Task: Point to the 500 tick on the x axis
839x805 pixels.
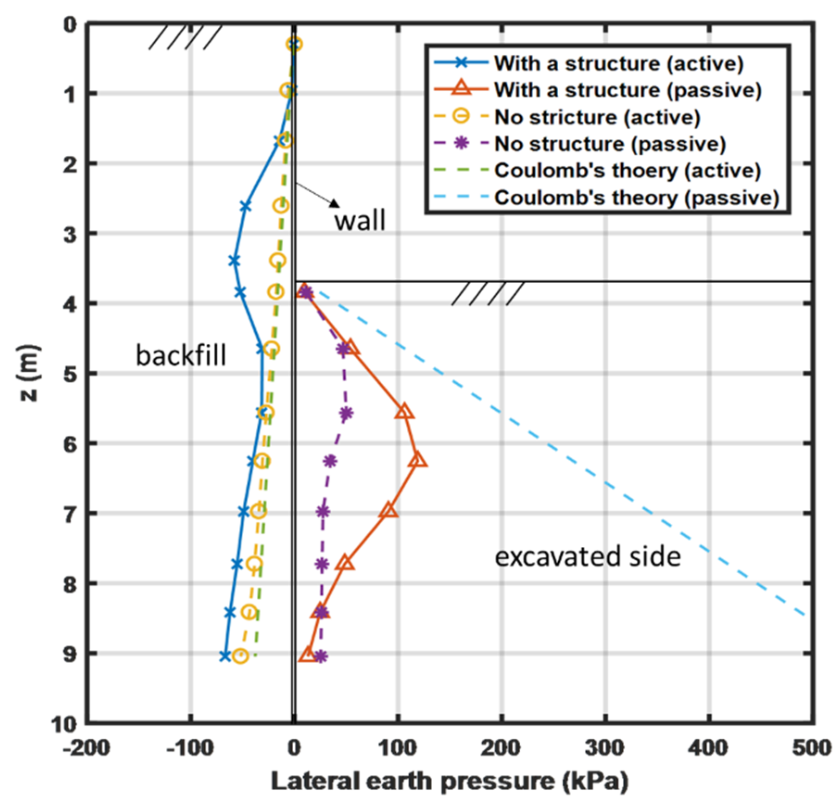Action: click(811, 748)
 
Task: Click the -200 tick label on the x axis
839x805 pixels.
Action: click(87, 748)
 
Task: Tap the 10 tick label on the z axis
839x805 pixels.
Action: click(64, 724)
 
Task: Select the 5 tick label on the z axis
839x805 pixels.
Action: click(70, 374)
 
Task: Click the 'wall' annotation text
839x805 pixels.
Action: click(360, 221)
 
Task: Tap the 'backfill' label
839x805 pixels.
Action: click(181, 355)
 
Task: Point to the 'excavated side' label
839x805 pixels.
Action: click(587, 557)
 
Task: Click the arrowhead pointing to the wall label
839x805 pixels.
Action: click(334, 203)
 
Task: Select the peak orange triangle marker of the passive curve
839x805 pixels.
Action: click(418, 460)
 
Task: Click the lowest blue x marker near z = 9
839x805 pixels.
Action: click(225, 656)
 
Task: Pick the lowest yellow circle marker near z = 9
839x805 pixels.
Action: click(240, 656)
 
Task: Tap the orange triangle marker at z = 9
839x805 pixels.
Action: click(308, 655)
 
